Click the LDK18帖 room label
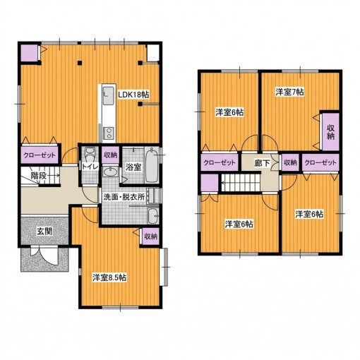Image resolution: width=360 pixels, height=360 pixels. click(133, 95)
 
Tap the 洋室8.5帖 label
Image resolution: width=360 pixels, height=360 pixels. click(109, 277)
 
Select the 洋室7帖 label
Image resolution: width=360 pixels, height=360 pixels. click(289, 92)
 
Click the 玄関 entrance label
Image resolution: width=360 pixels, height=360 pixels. click(44, 232)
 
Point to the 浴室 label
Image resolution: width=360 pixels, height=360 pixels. click(133, 167)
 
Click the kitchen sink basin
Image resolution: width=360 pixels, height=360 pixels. click(108, 95)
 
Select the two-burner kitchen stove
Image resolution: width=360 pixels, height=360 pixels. click(109, 133)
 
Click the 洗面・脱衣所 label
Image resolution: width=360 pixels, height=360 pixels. click(124, 197)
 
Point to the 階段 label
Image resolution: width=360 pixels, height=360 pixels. click(38, 176)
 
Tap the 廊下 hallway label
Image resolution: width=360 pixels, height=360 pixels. click(262, 163)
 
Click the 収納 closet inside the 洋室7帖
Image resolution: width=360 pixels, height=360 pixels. click(330, 132)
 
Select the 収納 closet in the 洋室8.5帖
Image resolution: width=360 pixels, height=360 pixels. click(150, 236)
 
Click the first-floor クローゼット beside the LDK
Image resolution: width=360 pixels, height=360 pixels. click(40, 155)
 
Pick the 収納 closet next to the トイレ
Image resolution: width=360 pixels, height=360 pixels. click(111, 155)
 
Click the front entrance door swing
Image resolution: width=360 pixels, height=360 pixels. click(44, 256)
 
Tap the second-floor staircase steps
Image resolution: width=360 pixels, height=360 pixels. click(241, 183)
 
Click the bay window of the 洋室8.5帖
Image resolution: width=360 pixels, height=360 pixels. click(165, 267)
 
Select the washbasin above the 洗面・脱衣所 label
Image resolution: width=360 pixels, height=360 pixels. click(110, 172)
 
